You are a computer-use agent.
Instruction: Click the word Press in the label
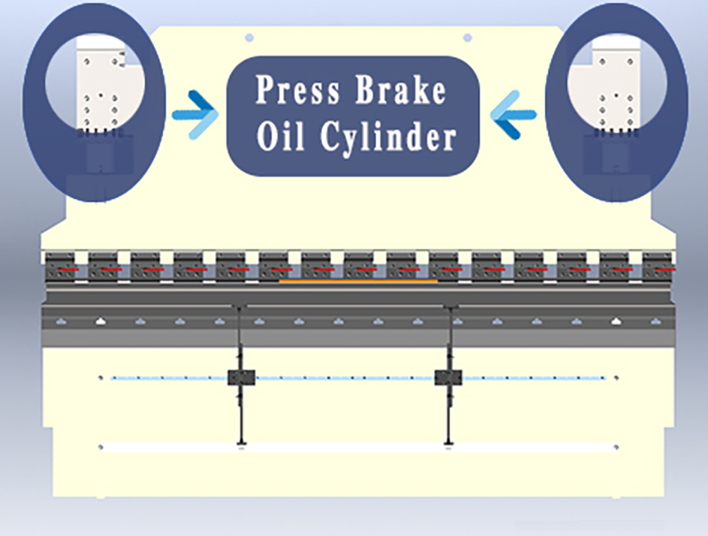pyautogui.click(x=297, y=89)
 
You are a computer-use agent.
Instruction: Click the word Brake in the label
pyautogui.click(x=401, y=89)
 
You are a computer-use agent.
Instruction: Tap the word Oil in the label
pyautogui.click(x=281, y=136)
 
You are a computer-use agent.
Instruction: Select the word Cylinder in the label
pyautogui.click(x=389, y=137)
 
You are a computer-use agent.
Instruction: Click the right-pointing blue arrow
pyautogui.click(x=195, y=115)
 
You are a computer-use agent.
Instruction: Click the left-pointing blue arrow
pyautogui.click(x=513, y=115)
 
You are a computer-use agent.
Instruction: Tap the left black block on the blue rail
pyautogui.click(x=241, y=378)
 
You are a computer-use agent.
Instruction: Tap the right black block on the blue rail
pyautogui.click(x=449, y=378)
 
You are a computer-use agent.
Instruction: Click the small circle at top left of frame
pyautogui.click(x=249, y=38)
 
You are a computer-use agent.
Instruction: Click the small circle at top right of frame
pyautogui.click(x=468, y=38)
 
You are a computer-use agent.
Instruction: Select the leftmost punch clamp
pyautogui.click(x=60, y=267)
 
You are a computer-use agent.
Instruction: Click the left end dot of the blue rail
pyautogui.click(x=101, y=378)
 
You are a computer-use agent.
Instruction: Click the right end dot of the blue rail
pyautogui.click(x=616, y=378)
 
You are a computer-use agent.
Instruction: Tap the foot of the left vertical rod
pyautogui.click(x=242, y=444)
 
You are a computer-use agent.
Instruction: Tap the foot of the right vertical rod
pyautogui.click(x=449, y=444)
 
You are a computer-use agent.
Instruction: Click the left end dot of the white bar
pyautogui.click(x=101, y=448)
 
